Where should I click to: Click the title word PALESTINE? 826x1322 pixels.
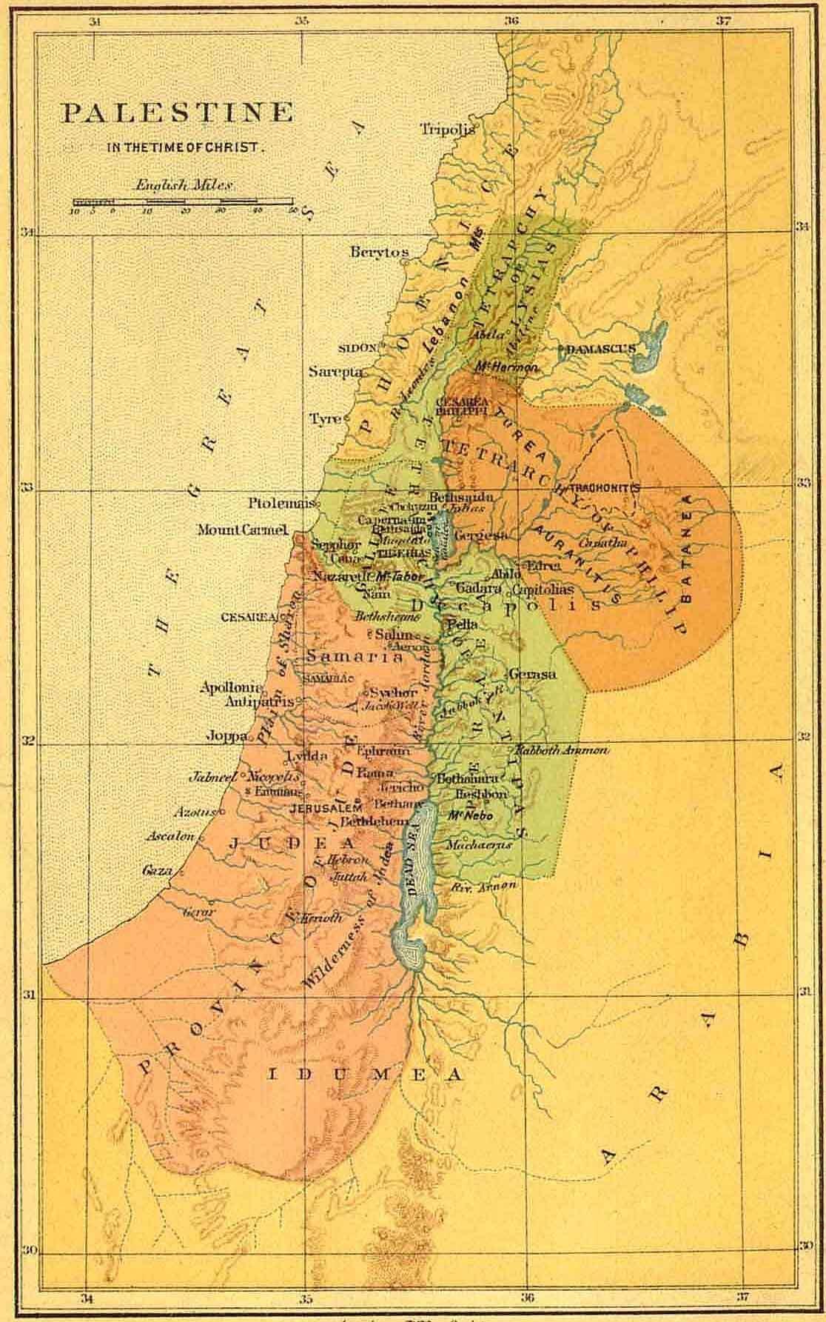point(177,113)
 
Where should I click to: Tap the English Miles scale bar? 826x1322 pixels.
point(184,201)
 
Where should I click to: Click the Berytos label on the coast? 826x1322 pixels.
point(378,253)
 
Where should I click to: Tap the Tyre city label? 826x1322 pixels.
point(324,419)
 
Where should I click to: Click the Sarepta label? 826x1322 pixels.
point(335,372)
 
